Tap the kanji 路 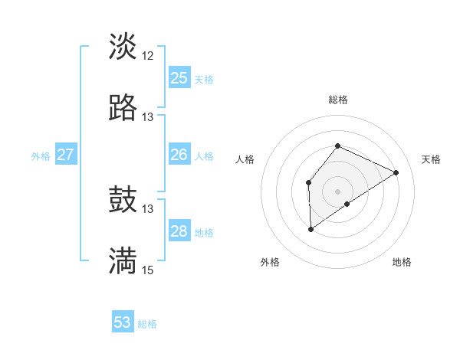click(123, 108)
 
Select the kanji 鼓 click(123, 200)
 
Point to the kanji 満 click(123, 261)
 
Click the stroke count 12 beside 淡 click(148, 55)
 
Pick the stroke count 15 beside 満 click(148, 270)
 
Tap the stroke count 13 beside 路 click(148, 117)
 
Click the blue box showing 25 click(179, 77)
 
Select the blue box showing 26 click(179, 155)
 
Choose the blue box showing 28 click(179, 231)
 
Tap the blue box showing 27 click(65, 155)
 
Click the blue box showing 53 click(123, 322)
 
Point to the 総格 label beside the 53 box click(147, 324)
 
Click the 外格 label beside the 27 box click(41, 156)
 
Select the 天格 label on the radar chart click(432, 159)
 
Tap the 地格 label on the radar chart click(402, 262)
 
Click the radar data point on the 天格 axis click(396, 172)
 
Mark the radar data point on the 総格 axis click(337, 146)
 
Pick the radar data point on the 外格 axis click(311, 228)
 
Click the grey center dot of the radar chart click(337, 191)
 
